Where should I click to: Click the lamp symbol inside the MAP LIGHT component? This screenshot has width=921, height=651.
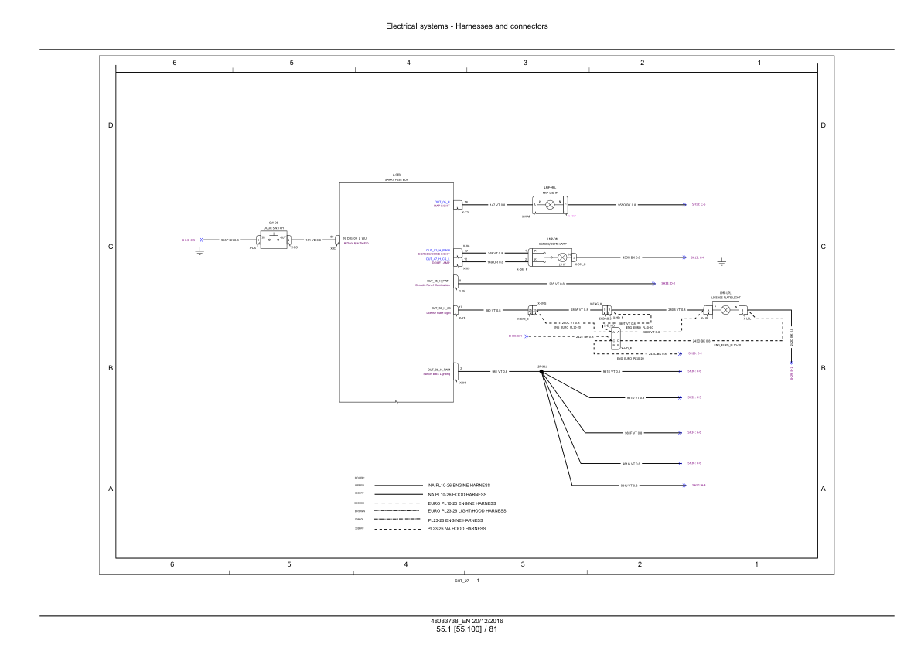click(551, 205)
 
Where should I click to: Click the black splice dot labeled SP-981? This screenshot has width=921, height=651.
click(541, 372)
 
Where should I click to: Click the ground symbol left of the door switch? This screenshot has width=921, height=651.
click(199, 250)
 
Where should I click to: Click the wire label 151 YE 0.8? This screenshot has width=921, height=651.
click(313, 240)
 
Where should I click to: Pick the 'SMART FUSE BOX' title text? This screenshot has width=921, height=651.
click(397, 179)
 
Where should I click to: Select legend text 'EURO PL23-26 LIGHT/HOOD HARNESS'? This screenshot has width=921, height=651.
click(467, 511)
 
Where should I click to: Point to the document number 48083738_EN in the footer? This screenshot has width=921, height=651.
click(450, 622)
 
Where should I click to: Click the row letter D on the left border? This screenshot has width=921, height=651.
click(110, 125)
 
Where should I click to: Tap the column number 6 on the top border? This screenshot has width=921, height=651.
click(175, 62)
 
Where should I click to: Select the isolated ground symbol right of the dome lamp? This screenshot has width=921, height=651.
click(721, 261)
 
